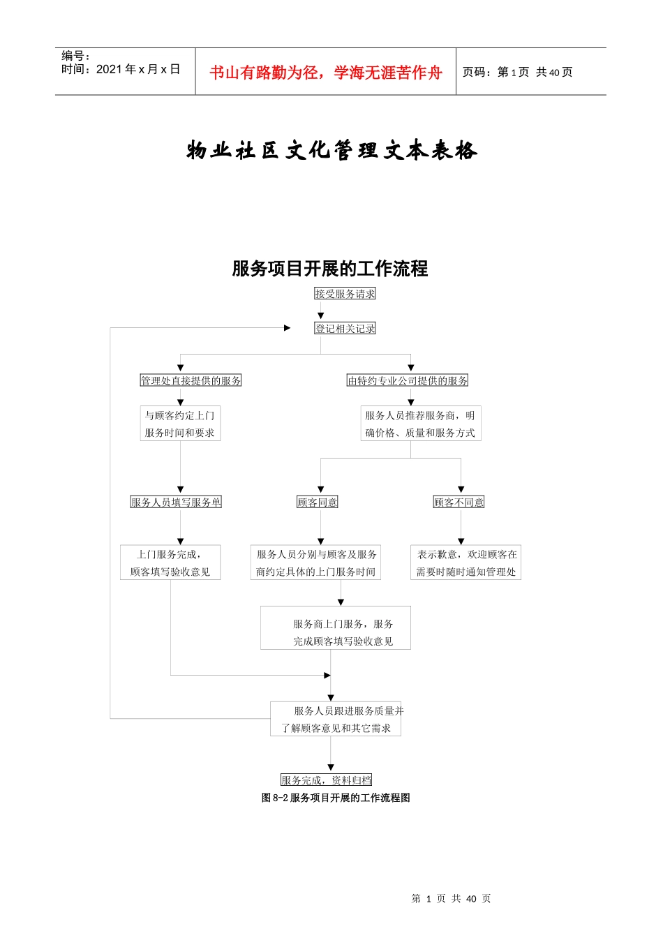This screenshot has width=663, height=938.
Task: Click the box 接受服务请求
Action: click(x=345, y=294)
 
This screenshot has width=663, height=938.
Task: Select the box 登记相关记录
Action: click(x=345, y=328)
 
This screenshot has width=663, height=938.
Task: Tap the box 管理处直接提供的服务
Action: click(x=191, y=380)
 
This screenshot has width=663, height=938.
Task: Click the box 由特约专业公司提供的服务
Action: click(x=408, y=380)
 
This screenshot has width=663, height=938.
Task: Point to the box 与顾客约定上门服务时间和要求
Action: click(x=180, y=424)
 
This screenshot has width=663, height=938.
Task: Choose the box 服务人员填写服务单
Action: click(x=176, y=502)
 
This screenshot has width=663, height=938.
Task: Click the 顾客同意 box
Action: click(x=318, y=502)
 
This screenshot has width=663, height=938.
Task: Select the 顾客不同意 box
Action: click(x=459, y=502)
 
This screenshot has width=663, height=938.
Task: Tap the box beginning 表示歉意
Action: click(x=466, y=563)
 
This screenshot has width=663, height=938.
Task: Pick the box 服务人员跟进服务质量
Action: click(x=336, y=719)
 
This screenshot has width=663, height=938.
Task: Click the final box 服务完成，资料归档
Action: click(x=327, y=780)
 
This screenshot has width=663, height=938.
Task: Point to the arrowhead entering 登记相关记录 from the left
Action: click(x=288, y=327)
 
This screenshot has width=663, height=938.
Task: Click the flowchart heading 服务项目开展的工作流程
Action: click(x=329, y=269)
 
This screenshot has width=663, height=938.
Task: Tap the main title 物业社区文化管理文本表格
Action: click(x=331, y=150)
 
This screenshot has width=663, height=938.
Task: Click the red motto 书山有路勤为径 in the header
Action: click(x=326, y=73)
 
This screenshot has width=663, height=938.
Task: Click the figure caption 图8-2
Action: click(x=336, y=797)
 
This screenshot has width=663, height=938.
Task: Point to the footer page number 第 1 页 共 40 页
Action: click(x=451, y=898)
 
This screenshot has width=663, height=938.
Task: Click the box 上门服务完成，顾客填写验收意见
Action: click(x=170, y=563)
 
